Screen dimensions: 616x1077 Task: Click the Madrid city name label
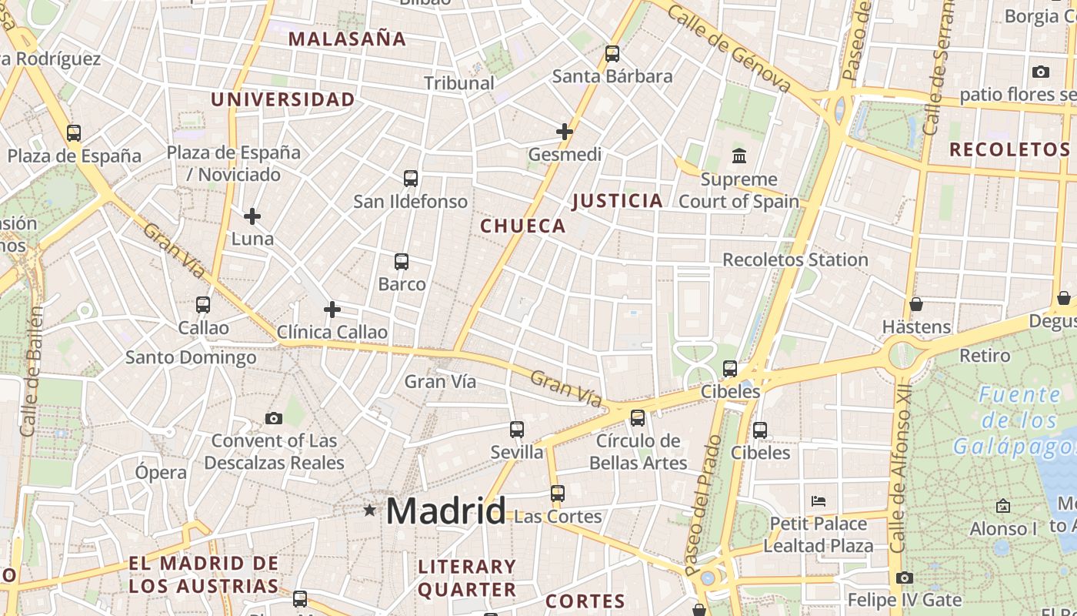[x=446, y=511]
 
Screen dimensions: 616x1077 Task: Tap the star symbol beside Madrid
[x=370, y=510]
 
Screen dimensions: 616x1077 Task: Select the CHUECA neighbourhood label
[x=523, y=226]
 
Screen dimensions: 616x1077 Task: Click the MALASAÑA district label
[x=347, y=39]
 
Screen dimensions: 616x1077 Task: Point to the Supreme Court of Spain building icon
[x=739, y=156]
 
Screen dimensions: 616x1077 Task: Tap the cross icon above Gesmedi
[x=565, y=132]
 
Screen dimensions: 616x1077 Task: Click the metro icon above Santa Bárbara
[x=612, y=54]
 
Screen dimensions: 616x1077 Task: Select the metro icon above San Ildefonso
[x=411, y=179]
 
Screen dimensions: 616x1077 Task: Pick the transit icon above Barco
[x=402, y=262]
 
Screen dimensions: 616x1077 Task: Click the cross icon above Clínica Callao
[x=332, y=310]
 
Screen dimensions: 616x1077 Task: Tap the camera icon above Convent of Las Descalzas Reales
[x=273, y=419]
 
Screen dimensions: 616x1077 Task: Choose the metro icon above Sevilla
[x=517, y=430]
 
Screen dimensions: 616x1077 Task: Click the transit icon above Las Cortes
[x=558, y=494]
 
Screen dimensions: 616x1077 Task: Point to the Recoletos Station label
[x=795, y=259]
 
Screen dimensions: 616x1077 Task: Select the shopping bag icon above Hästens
[x=915, y=304]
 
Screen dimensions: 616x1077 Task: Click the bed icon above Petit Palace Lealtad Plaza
[x=819, y=501]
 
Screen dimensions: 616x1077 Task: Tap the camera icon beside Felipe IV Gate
[x=905, y=577]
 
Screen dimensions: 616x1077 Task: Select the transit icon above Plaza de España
[x=74, y=133]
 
